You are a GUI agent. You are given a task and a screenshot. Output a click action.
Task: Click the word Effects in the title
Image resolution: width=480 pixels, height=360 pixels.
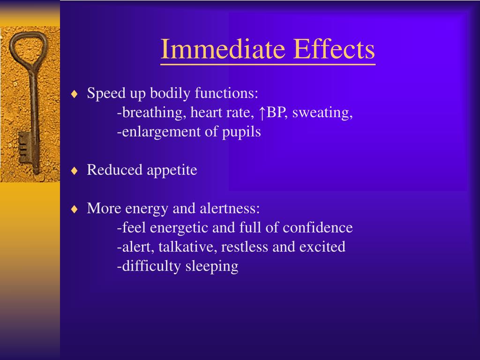(x=334, y=49)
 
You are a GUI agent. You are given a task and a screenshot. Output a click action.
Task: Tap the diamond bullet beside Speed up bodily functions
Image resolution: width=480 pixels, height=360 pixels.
(x=74, y=94)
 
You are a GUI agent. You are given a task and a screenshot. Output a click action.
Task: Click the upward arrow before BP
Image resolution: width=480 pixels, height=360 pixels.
(x=263, y=113)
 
